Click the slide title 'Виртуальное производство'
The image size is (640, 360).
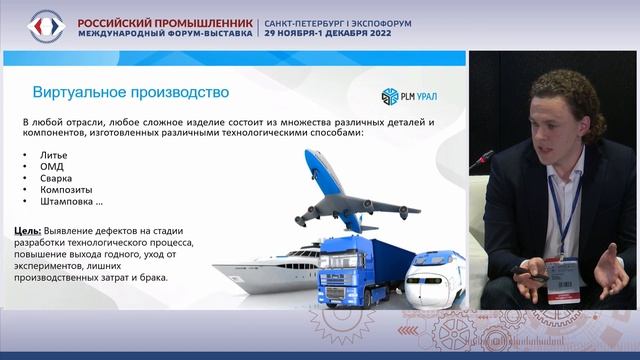pyautogui.click(x=131, y=93)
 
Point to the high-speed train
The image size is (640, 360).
pyautogui.click(x=436, y=274)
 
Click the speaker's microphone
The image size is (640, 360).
pyautogui.click(x=482, y=159)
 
